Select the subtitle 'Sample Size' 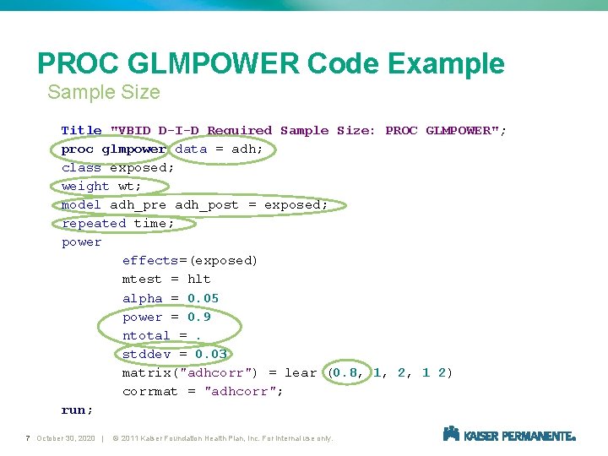[103, 92]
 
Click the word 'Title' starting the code [81, 131]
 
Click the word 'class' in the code [81, 168]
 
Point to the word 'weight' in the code [85, 187]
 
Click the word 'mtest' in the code [142, 280]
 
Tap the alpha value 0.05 [203, 298]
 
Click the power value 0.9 [198, 317]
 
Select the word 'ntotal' [146, 335]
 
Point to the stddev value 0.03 [210, 354]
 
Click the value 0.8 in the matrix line [345, 372]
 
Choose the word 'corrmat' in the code [149, 391]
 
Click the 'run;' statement [77, 410]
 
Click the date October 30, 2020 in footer [66, 438]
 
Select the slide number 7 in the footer [28, 438]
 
